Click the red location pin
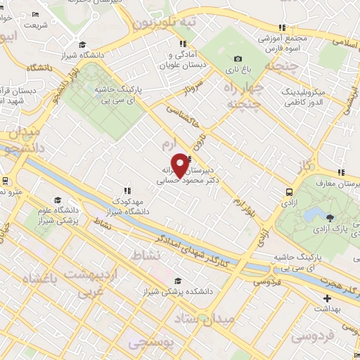[x=180, y=163]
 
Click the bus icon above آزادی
[x=290, y=191]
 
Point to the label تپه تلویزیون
[x=164, y=23]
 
